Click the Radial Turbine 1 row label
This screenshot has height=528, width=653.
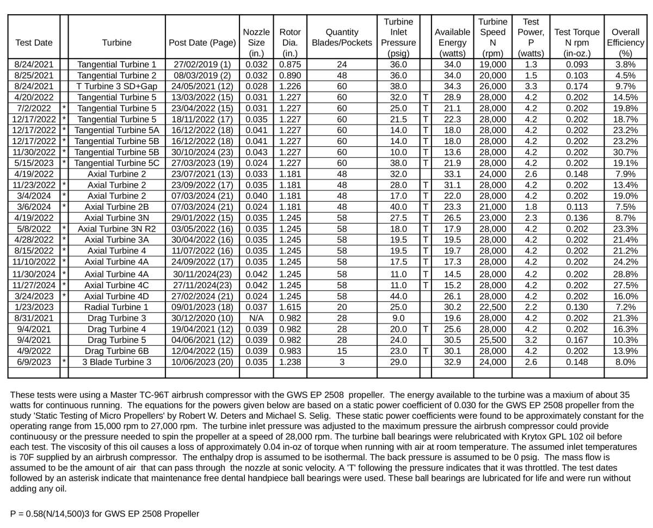coord(116,307)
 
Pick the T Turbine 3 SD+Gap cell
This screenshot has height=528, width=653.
coord(116,85)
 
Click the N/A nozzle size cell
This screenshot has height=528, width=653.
coord(256,318)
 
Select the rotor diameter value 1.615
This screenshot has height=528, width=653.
coord(289,307)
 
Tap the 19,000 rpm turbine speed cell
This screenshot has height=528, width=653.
coord(491,64)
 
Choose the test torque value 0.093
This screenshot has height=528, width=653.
coord(577,64)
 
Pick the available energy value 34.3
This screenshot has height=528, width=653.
coord(452,85)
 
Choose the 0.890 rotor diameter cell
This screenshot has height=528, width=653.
coord(289,75)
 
